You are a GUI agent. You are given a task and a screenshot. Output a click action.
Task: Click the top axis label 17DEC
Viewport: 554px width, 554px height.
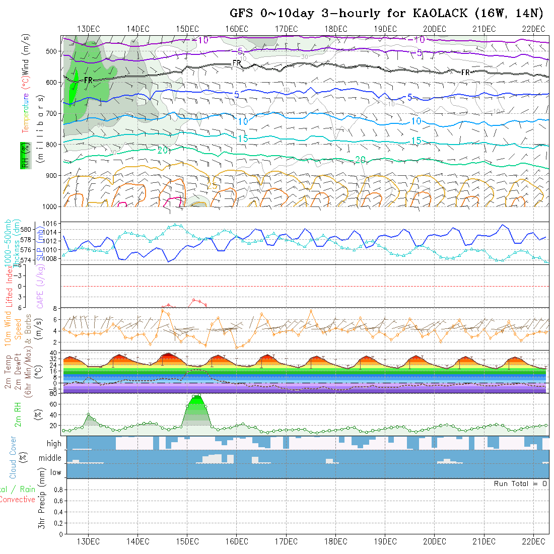click(x=286, y=29)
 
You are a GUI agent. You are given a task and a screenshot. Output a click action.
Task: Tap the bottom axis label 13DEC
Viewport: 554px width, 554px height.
click(x=88, y=541)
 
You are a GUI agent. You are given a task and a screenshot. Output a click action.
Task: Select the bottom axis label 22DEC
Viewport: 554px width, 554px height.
click(x=533, y=541)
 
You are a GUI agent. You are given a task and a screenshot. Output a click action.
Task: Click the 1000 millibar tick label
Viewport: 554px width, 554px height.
click(x=50, y=206)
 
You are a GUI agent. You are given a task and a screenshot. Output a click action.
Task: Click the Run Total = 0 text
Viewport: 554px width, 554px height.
click(x=520, y=483)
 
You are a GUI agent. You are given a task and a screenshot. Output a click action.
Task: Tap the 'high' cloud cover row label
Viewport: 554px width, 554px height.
click(x=54, y=444)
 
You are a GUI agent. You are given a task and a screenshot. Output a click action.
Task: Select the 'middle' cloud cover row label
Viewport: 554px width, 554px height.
click(x=50, y=458)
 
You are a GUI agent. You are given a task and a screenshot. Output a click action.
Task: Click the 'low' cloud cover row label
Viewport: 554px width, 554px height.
click(x=55, y=472)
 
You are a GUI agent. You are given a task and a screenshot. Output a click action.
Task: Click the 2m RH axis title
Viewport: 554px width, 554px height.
click(x=18, y=414)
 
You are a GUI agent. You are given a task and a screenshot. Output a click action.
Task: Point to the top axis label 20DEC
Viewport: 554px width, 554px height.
click(x=434, y=29)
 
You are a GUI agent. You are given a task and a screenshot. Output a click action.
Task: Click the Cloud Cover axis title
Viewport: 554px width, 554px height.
click(x=13, y=457)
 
